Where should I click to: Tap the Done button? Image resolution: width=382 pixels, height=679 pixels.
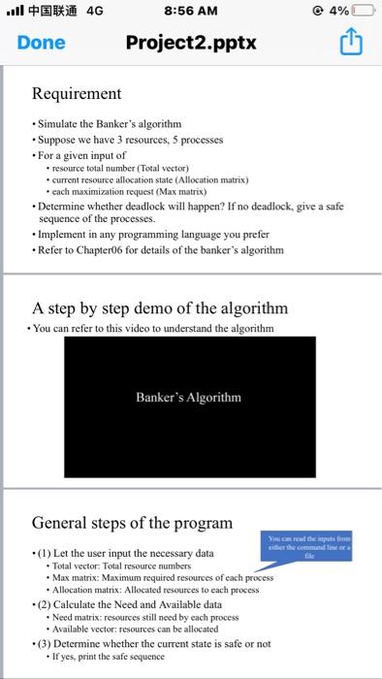(x=41, y=43)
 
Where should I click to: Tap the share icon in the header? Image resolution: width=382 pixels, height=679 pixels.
(x=352, y=42)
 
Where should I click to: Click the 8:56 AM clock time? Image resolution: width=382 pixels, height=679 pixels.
(x=191, y=12)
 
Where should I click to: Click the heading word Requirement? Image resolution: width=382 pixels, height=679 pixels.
(x=77, y=94)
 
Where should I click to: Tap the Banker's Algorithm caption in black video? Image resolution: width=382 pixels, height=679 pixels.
(x=189, y=397)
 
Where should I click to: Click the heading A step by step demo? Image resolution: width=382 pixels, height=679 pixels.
(x=160, y=308)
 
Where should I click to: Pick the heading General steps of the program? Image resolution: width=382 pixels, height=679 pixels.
(x=131, y=523)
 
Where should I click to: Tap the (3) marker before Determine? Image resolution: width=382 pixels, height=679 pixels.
(x=46, y=643)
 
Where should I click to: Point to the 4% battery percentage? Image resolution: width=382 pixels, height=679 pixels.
(x=339, y=12)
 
